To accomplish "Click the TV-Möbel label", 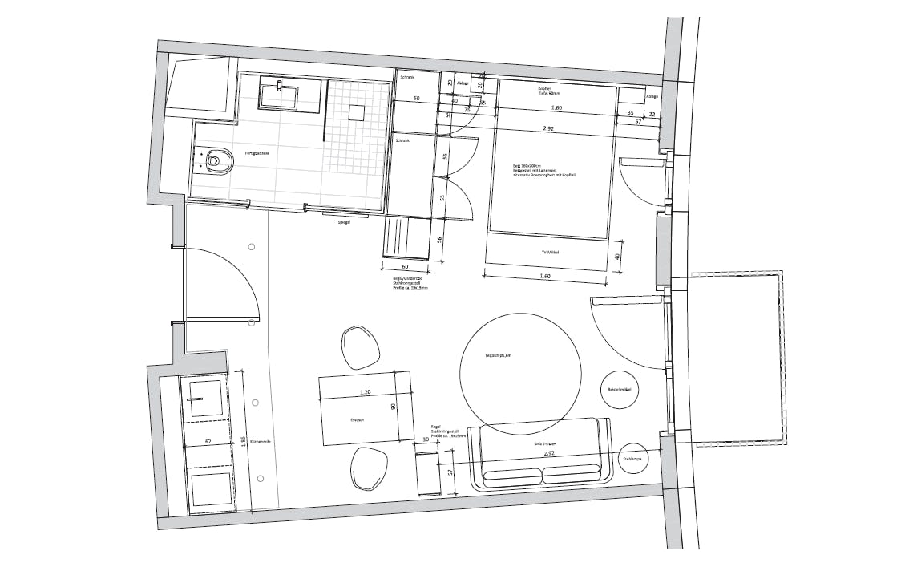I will click(549, 253).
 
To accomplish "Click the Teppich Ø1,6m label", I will click(519, 354).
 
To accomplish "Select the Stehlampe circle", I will click(633, 459).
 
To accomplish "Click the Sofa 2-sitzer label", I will click(539, 441).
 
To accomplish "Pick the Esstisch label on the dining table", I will click(358, 420).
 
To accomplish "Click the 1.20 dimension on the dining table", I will click(366, 392).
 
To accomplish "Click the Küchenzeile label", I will click(260, 441).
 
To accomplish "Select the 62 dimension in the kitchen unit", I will click(208, 441).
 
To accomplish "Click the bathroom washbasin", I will click(279, 96).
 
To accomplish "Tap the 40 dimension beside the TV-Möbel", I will click(616, 257).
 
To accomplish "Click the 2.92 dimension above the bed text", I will click(549, 128).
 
